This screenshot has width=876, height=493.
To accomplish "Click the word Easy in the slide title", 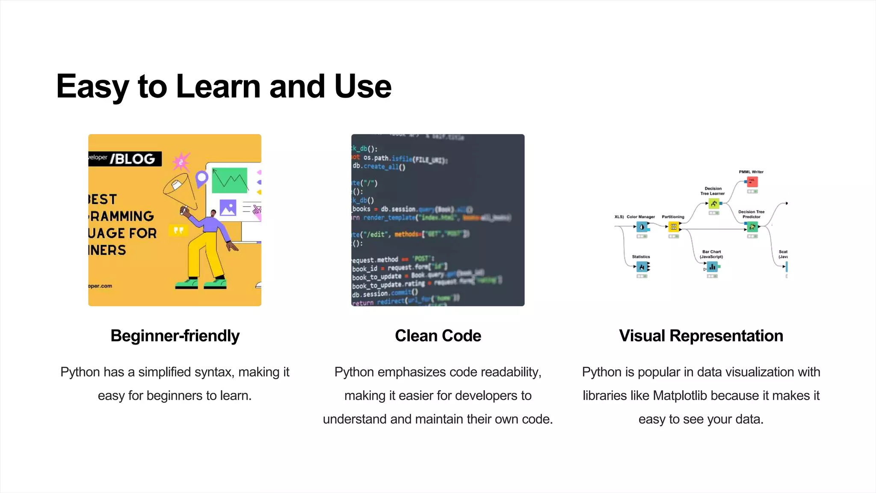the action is coord(92,87).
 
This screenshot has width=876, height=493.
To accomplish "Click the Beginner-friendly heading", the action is coord(175,336).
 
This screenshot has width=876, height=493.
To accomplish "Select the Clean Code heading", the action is coord(438,336).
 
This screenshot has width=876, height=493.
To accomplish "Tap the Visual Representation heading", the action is coord(701,336).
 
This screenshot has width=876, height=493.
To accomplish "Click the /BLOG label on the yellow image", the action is coord(133,159).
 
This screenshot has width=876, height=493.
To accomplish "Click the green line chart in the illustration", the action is coord(230,180).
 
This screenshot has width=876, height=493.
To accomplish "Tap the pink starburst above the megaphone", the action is coord(181,162).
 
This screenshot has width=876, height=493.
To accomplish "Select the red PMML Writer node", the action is coord(752,181).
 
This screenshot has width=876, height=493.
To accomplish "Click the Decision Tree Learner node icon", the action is coord(713,204).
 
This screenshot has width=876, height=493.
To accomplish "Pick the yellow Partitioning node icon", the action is coord(674,227).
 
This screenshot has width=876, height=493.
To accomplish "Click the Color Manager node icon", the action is coord(642,227).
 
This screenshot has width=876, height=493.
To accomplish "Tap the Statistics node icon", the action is coord(642,267).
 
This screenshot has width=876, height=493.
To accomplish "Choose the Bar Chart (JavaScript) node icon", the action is coord(712,267).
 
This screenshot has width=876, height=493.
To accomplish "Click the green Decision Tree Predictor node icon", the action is coord(752,227).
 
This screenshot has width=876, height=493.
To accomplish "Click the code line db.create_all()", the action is coord(379,166).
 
